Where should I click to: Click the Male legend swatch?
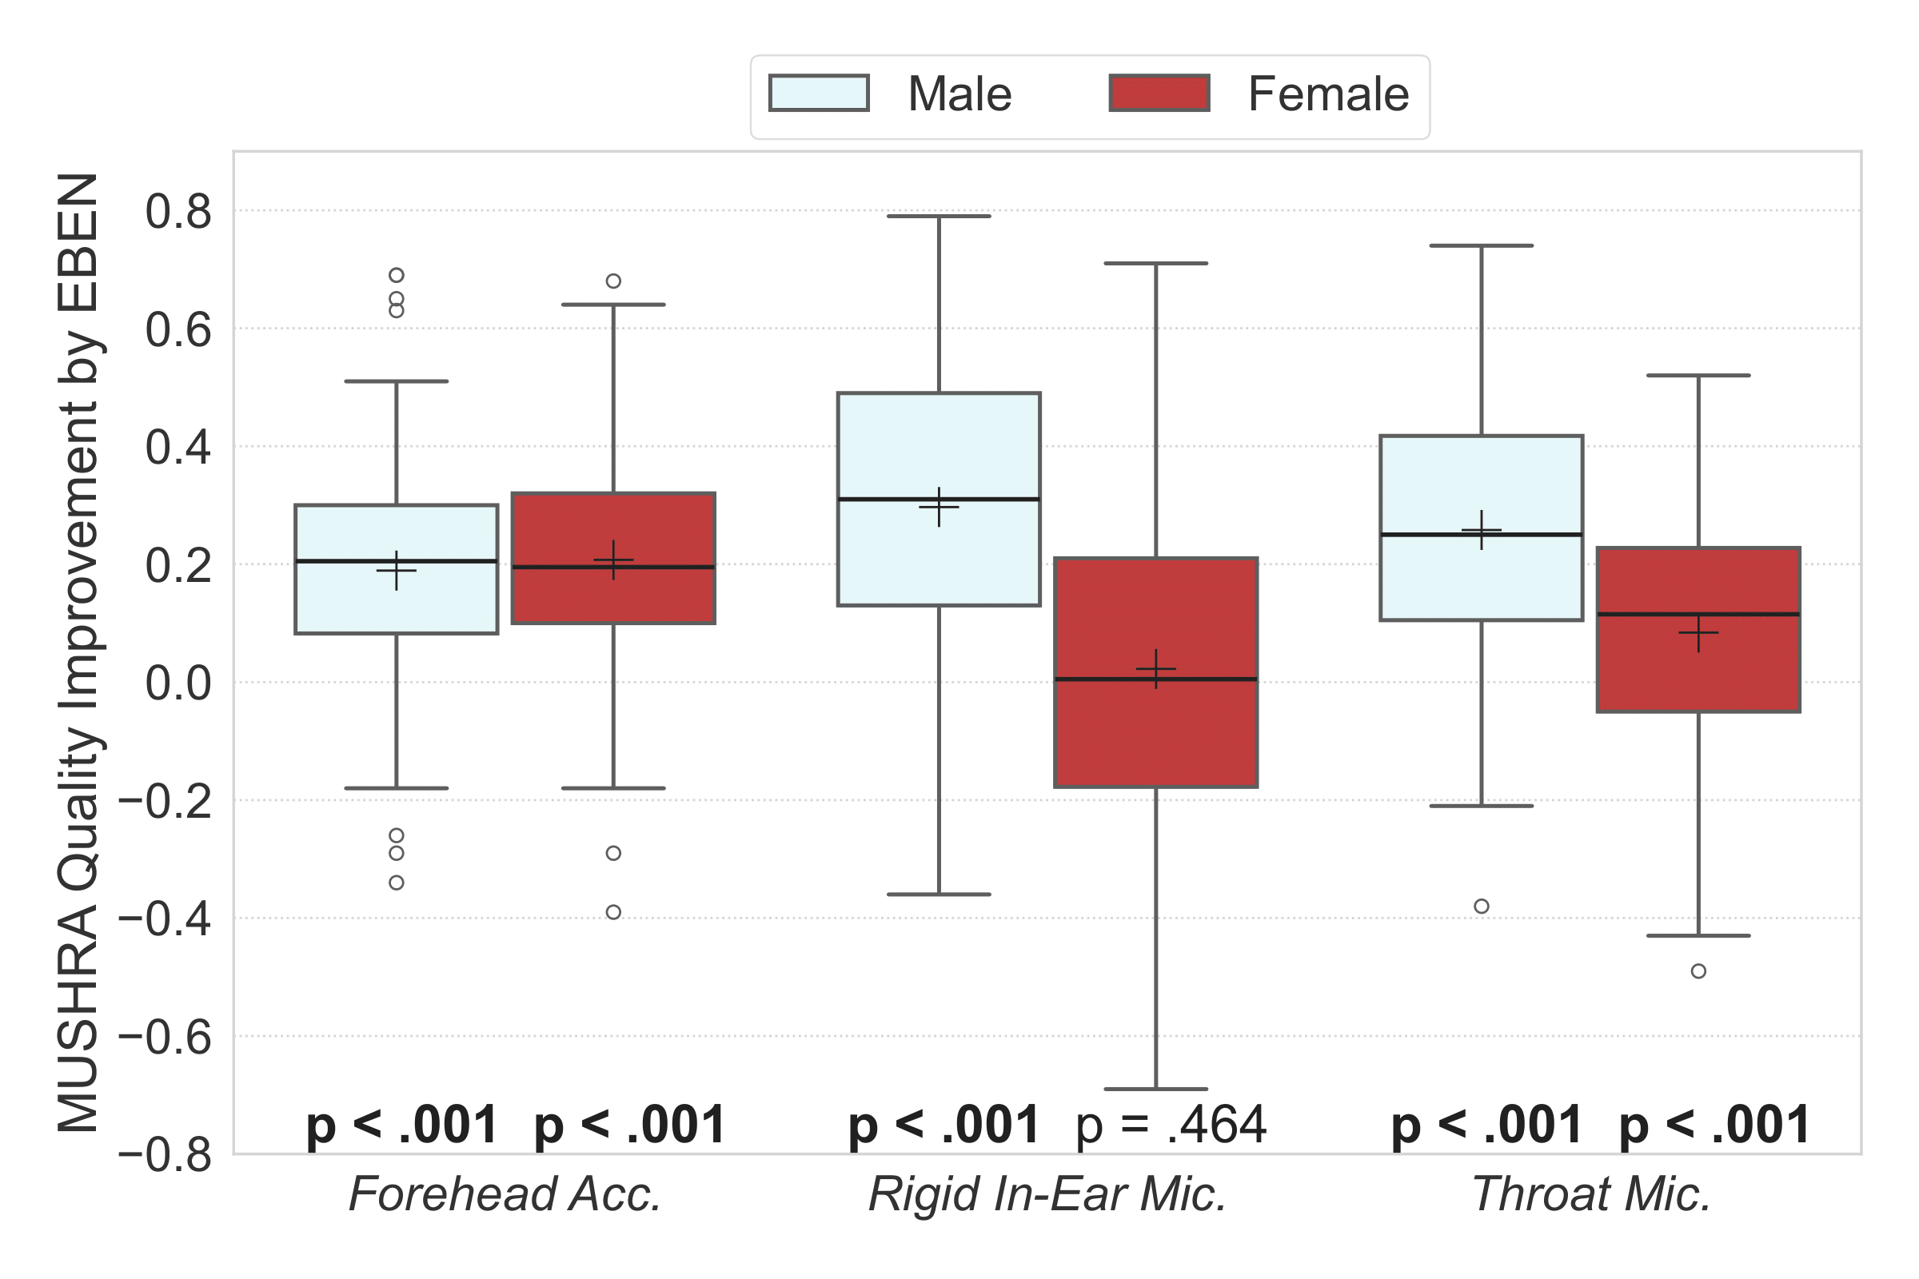coord(818,93)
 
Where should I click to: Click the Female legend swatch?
coord(1159,93)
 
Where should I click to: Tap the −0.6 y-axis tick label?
coord(165,1038)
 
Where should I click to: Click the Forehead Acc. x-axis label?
coord(505,1194)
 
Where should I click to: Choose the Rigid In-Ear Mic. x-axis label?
coord(1047,1194)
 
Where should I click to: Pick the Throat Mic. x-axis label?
coord(1591,1194)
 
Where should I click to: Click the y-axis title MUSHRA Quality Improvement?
coord(79,652)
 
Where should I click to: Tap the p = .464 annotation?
coord(1171,1125)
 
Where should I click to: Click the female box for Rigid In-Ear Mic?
coord(1156,734)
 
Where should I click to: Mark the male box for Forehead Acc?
coord(397,604)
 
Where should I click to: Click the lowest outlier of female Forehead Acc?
coord(613,912)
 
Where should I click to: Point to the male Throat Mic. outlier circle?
coord(1482,906)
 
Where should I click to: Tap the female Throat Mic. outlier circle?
coord(1698,970)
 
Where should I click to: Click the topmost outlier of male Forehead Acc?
coord(397,275)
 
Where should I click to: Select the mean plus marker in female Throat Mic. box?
coord(1698,632)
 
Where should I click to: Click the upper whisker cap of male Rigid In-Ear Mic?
coord(939,216)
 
